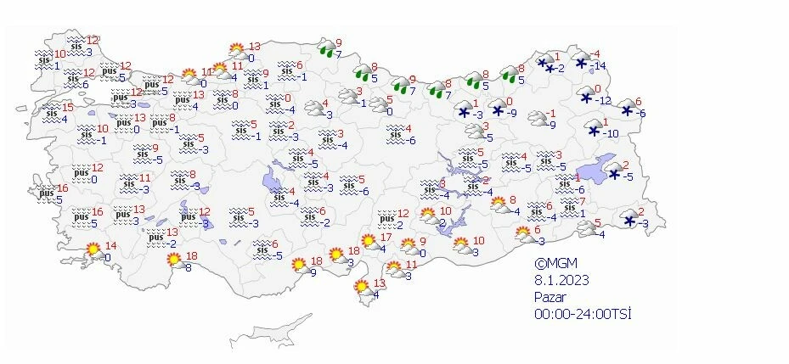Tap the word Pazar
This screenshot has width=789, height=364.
tap(549, 296)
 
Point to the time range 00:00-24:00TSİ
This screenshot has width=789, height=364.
tap(582, 313)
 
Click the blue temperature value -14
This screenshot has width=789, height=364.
tap(600, 66)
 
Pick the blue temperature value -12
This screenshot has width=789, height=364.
tap(603, 101)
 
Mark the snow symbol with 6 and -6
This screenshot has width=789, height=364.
tap(628, 109)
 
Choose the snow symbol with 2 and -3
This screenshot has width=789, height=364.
tap(629, 220)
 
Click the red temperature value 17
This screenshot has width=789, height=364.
tap(385, 238)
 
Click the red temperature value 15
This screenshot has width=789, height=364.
tap(68, 108)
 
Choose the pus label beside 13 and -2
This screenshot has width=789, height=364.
tap(155, 238)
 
